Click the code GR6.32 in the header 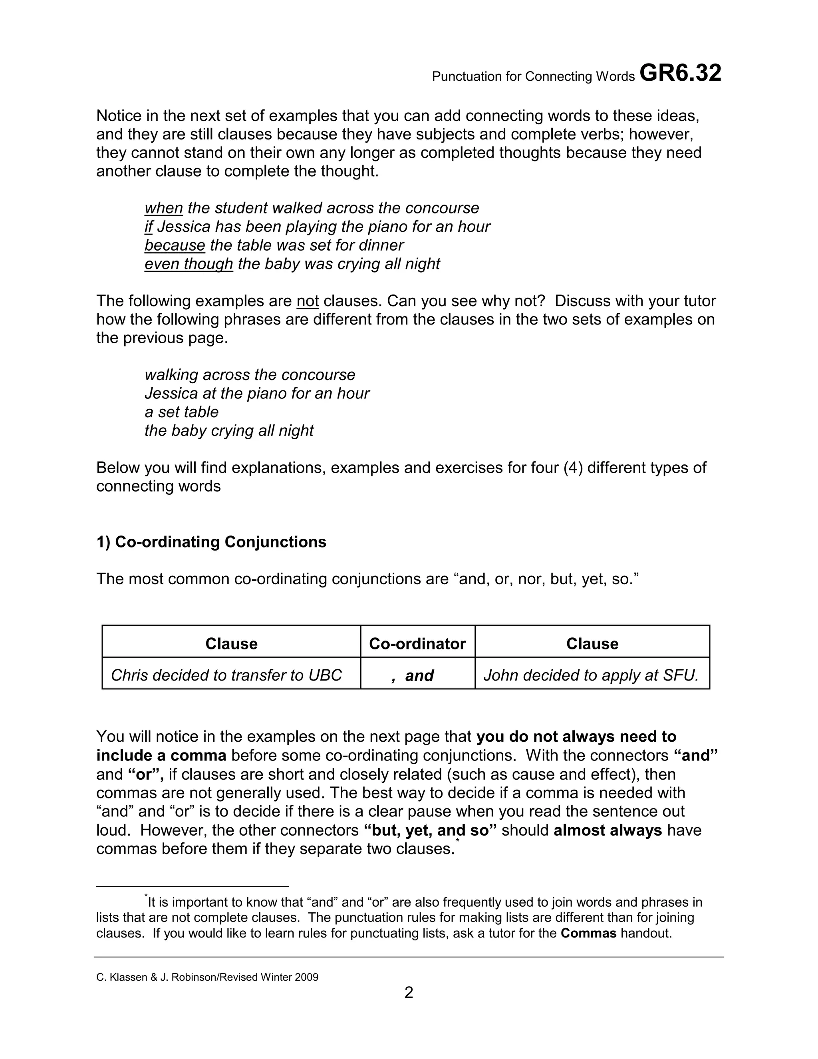coord(680,74)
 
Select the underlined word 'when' coord(163,208)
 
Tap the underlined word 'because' coord(175,245)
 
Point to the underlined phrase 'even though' coord(189,264)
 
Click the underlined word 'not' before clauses coord(307,301)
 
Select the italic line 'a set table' coord(181,412)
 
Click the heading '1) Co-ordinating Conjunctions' coord(211,541)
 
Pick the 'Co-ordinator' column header coord(417,643)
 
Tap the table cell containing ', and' coord(417,675)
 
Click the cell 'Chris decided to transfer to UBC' coord(226,675)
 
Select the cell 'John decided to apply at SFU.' coord(591,675)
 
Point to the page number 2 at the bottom coord(409,993)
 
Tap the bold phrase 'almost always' coord(608,830)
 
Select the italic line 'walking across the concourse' coord(250,375)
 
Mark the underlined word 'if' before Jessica coord(148,227)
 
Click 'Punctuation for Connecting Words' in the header coord(533,77)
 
